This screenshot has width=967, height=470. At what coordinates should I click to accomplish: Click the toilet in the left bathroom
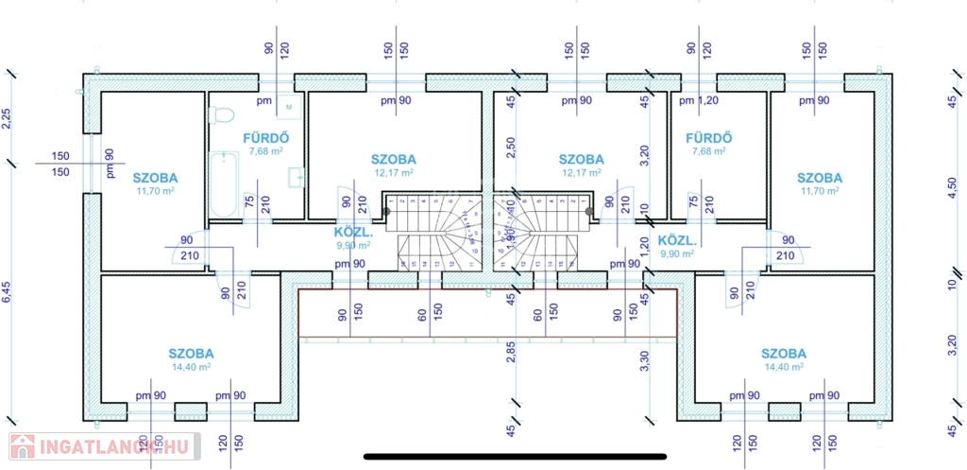coord(223,114)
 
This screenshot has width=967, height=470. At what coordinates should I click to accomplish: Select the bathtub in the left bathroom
coord(224,183)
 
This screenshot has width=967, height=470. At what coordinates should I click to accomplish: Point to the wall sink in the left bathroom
coord(298,175)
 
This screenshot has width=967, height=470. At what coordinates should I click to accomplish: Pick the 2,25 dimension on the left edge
coord(7,118)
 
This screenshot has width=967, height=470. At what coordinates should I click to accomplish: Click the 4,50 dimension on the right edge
coord(952,189)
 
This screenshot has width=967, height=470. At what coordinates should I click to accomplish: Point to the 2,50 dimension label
coord(511,149)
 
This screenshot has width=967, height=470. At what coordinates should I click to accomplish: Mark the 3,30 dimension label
coord(645,363)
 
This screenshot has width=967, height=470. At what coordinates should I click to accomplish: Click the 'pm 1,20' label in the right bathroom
coord(700,100)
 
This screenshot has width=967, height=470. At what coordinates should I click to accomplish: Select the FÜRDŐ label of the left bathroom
coord(265,137)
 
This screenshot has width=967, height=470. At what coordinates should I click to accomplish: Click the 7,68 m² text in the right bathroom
coord(708,151)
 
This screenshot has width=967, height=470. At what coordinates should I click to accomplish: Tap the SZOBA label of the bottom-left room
coord(191,353)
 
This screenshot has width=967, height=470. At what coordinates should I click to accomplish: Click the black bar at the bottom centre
coord(515,456)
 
